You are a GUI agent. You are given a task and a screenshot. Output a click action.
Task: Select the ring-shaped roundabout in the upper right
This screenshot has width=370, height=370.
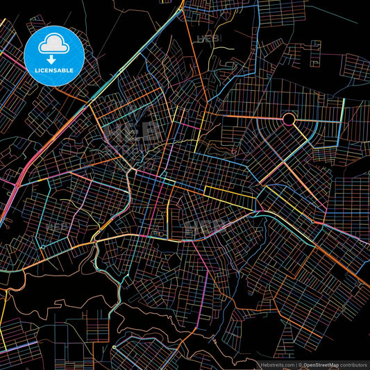288,119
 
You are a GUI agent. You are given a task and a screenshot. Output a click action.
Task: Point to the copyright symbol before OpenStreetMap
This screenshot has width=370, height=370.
301,364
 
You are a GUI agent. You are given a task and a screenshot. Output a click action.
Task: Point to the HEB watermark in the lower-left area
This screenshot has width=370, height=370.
57,226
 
